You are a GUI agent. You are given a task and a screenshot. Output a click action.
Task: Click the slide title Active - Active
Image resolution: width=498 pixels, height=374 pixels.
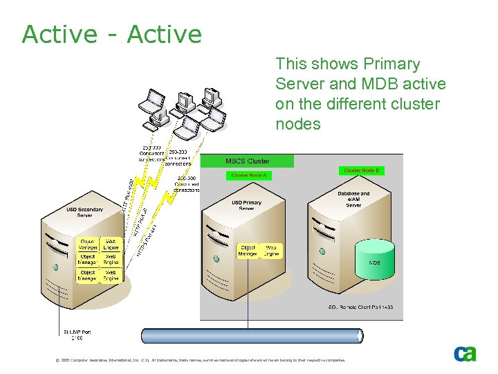tap(111, 34)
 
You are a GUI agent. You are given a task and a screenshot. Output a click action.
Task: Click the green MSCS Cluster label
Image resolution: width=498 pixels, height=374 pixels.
tap(248, 161)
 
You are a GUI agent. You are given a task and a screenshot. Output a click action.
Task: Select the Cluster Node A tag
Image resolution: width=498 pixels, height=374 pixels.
tap(248, 176)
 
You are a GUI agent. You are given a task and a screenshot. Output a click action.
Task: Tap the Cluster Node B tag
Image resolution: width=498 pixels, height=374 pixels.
tap(361, 170)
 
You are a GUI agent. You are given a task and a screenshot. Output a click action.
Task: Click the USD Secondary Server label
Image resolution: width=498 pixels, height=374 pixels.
tap(84, 213)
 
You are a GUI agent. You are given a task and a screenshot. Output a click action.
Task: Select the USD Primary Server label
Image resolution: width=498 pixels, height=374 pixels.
tap(246, 205)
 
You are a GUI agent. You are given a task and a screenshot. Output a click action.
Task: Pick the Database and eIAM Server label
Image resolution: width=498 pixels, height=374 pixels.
tap(353, 199)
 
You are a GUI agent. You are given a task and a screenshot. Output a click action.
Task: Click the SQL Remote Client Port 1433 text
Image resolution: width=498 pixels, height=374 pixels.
tap(360, 307)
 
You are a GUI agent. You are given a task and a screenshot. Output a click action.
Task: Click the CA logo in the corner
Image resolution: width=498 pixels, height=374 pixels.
tap(465, 353)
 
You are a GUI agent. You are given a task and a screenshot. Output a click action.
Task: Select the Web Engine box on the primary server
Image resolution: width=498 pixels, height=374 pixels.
tap(271, 251)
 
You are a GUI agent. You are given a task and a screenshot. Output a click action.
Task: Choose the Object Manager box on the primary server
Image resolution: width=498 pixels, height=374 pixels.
tap(248, 251)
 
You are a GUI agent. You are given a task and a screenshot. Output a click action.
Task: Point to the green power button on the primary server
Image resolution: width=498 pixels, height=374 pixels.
tap(217, 258)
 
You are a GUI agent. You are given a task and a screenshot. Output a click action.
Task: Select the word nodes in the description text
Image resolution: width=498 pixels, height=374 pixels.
tap(298, 125)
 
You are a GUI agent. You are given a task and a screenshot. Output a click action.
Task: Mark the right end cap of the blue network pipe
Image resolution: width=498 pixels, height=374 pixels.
tap(359, 336)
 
